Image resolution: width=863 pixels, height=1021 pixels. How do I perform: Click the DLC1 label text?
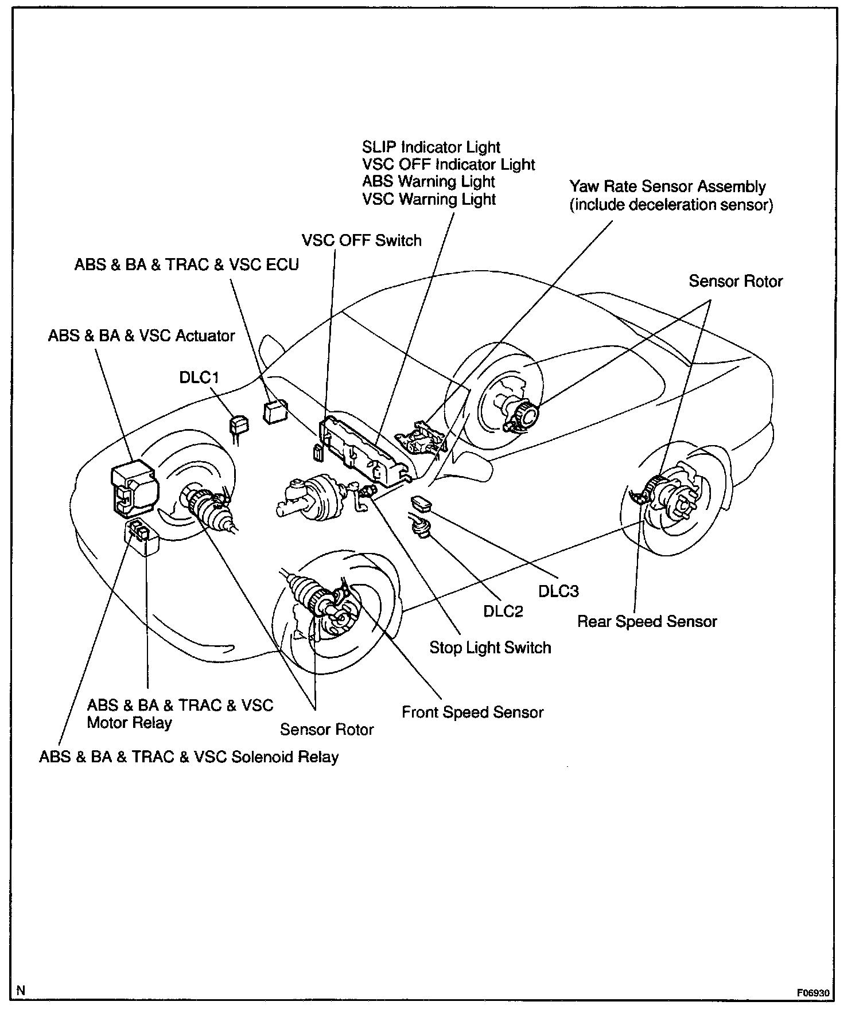pyautogui.click(x=199, y=378)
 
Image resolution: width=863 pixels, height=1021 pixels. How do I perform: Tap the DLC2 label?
pyautogui.click(x=503, y=611)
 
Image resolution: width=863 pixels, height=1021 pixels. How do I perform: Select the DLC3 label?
pyautogui.click(x=558, y=591)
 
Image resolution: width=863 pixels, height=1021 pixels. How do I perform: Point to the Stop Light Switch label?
pyautogui.click(x=490, y=648)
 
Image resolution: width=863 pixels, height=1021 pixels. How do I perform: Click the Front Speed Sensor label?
pyautogui.click(x=472, y=712)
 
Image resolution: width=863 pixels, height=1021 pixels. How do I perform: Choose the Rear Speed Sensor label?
pyautogui.click(x=647, y=622)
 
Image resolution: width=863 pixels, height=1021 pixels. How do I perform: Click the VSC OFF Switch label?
pyautogui.click(x=361, y=240)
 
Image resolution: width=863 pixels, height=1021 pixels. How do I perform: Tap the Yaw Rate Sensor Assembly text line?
pyautogui.click(x=667, y=187)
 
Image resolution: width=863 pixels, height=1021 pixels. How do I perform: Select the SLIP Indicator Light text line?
pyautogui.click(x=431, y=147)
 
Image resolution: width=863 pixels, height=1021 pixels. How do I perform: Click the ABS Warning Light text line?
pyautogui.click(x=428, y=182)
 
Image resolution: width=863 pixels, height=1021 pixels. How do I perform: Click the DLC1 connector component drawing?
pyautogui.click(x=239, y=426)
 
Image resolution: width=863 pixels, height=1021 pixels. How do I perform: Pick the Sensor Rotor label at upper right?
pyautogui.click(x=735, y=282)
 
